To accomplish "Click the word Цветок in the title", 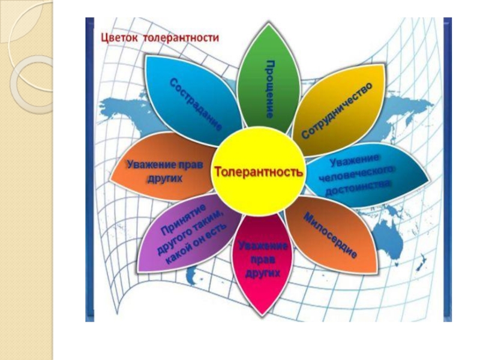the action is [x=120, y=38].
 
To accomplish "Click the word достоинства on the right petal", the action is [x=359, y=188].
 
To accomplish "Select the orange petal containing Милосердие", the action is [x=336, y=240].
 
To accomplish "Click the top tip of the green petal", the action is [x=263, y=25].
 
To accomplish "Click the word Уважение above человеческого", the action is [x=355, y=161].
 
